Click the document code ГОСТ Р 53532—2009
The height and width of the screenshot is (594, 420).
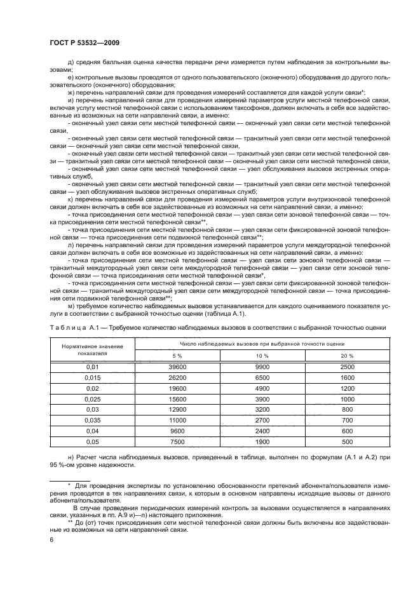(84, 42)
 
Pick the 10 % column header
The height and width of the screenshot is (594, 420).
(262, 355)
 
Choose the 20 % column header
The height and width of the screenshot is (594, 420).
(348, 355)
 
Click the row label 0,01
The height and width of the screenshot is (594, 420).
(76, 367)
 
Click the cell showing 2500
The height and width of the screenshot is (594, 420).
(348, 367)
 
